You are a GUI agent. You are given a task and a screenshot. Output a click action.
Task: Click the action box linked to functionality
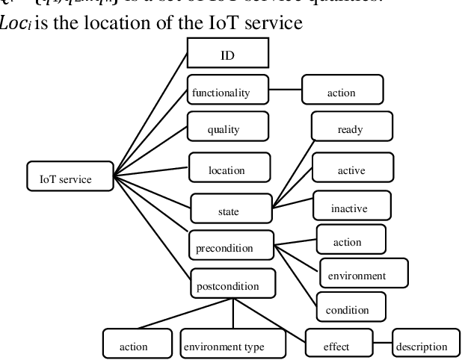click(342, 93)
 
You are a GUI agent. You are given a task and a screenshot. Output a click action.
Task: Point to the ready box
click(349, 128)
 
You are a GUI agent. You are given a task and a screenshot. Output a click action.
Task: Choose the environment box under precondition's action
click(363, 274)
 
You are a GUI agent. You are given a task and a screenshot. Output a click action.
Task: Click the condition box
click(351, 307)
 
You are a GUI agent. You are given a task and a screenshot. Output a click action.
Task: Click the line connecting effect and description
click(381, 344)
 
